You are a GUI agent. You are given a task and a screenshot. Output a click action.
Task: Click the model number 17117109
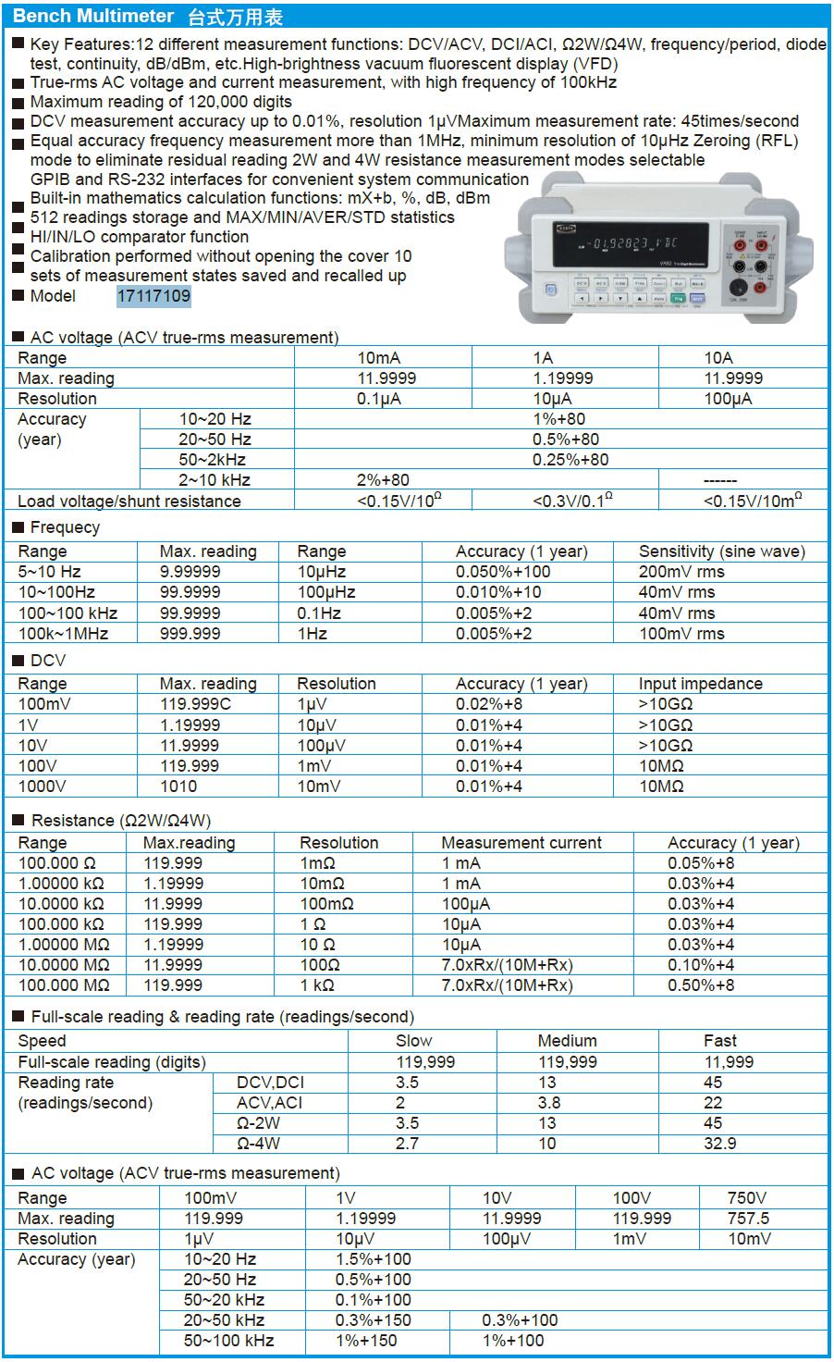(x=153, y=296)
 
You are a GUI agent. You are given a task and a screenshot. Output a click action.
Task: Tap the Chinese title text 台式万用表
(x=235, y=17)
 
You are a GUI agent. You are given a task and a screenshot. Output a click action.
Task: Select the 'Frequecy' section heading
(x=65, y=527)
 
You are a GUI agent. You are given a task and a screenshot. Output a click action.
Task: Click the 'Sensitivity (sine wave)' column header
(x=721, y=551)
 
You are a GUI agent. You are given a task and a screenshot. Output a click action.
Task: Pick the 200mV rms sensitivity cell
(x=681, y=572)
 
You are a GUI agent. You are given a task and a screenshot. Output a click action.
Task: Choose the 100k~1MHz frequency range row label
(x=63, y=634)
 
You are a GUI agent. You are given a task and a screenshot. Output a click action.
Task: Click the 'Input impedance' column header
(x=700, y=684)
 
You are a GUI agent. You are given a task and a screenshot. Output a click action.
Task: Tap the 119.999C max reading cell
(x=196, y=704)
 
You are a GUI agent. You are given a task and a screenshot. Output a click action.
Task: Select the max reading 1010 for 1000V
(x=178, y=786)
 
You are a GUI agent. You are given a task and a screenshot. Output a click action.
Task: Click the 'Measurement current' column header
(x=521, y=843)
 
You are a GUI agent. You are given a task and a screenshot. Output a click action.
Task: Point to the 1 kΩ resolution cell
(x=322, y=985)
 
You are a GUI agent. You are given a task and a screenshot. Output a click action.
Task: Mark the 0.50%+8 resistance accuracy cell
(x=701, y=985)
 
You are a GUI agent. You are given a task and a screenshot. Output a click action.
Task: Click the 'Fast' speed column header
(x=720, y=1041)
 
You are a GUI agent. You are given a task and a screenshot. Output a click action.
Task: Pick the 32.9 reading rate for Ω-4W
(x=719, y=1144)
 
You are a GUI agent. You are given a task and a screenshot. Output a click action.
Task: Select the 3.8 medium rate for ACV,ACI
(x=549, y=1103)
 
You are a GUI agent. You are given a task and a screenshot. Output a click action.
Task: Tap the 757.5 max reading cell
(x=748, y=1219)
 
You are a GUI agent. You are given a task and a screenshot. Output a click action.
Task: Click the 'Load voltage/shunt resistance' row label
(x=129, y=501)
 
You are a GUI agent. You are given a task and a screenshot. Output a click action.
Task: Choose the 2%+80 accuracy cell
(x=383, y=480)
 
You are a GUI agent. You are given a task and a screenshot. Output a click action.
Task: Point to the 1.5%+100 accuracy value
(x=374, y=1259)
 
